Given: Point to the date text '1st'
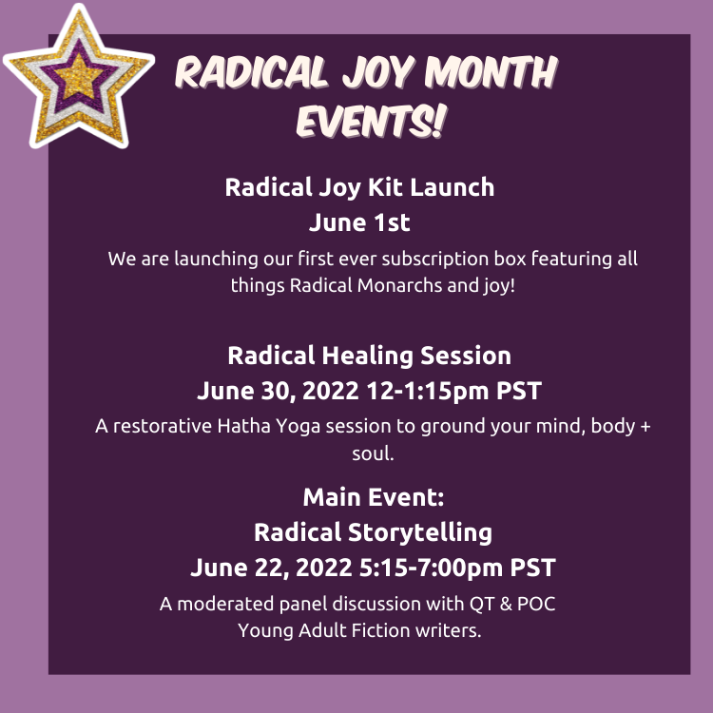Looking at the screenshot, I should click(x=390, y=222).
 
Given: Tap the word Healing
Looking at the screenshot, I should click(x=370, y=356).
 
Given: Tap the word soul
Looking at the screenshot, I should click(x=373, y=453).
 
